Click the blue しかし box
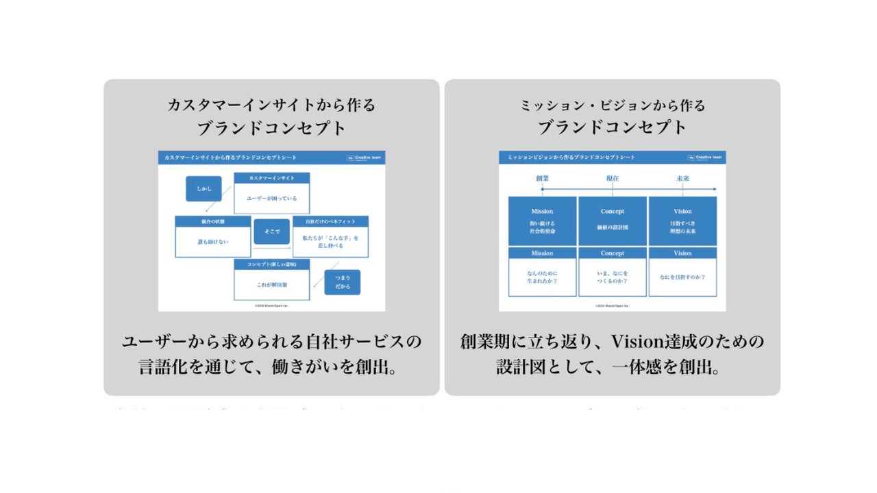203,189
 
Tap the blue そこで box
271,231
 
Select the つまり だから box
342,282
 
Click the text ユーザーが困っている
271,199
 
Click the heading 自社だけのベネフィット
330,222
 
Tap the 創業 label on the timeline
543,178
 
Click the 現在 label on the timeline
613,178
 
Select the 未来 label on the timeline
682,178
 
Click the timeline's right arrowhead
714,189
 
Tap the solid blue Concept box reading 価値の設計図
613,220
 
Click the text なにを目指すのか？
682,277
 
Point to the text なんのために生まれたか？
542,277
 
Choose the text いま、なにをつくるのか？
613,277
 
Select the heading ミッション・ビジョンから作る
613,105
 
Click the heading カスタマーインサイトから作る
271,105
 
